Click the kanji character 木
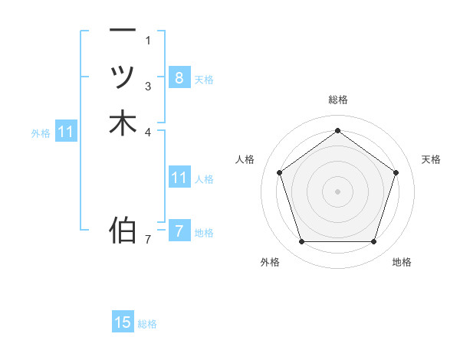click(x=123, y=123)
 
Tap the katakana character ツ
click(x=123, y=77)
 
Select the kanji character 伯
click(x=123, y=229)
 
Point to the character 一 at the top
click(x=123, y=30)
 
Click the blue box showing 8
click(x=179, y=77)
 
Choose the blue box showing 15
click(x=123, y=322)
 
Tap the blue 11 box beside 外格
click(x=66, y=132)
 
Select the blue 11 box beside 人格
click(x=179, y=178)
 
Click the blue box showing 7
click(x=179, y=231)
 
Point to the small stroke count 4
click(x=148, y=133)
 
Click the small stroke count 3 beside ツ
click(x=148, y=86)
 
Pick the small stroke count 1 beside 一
click(x=148, y=40)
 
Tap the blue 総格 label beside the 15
click(x=147, y=324)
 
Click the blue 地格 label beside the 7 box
click(x=204, y=233)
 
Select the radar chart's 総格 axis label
click(x=337, y=100)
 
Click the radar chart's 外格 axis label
click(x=270, y=262)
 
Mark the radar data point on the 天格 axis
click(x=396, y=172)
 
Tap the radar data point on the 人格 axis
click(x=279, y=172)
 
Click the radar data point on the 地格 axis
click(x=373, y=241)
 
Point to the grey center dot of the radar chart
click(x=337, y=191)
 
